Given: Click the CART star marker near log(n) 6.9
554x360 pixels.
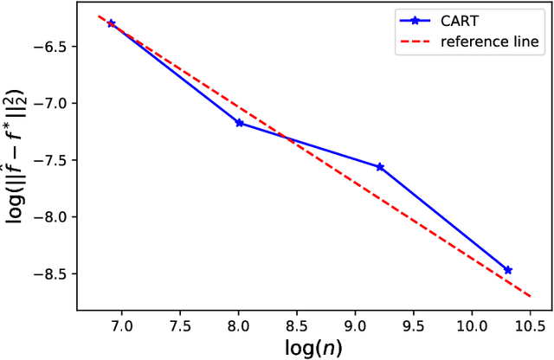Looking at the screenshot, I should (x=111, y=23).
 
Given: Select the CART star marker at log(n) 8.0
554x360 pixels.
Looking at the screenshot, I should (x=239, y=123).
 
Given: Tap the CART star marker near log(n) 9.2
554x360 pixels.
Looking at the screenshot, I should (x=380, y=167).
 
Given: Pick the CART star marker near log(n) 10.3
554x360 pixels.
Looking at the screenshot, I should (x=508, y=270).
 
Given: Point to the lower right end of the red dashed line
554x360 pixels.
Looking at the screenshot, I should (x=529, y=296).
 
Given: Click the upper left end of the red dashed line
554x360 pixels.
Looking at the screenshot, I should (x=99, y=16).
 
